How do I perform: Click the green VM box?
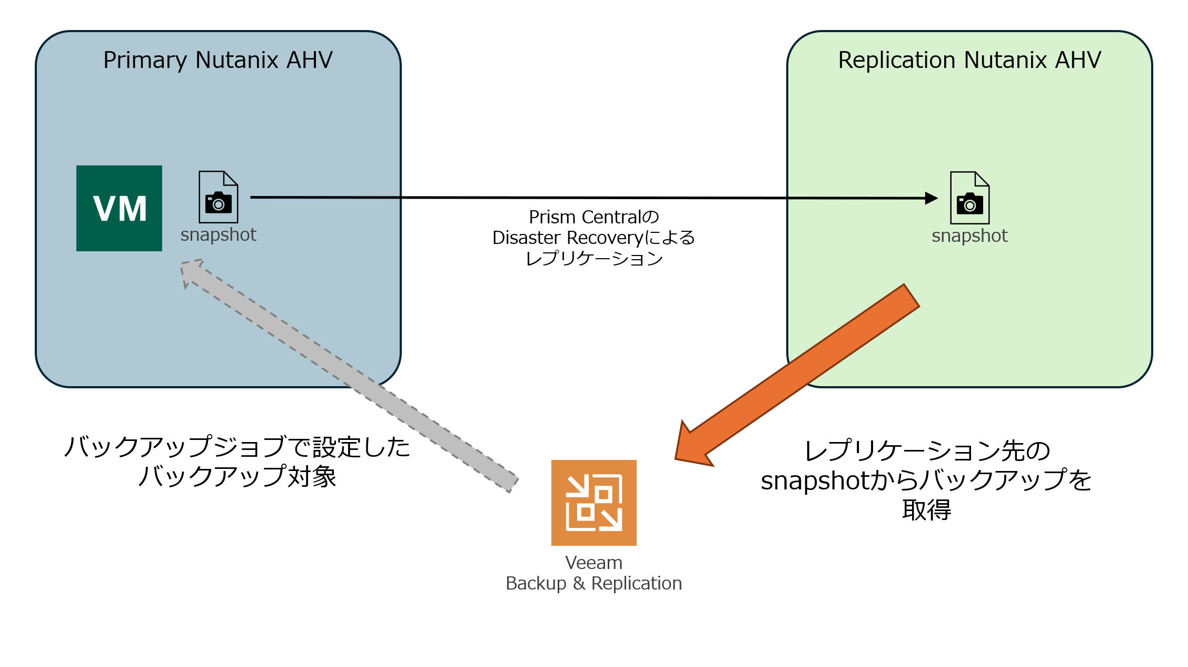[x=119, y=208]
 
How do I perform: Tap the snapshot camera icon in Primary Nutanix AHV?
[x=219, y=197]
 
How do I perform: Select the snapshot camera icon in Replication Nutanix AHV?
[x=970, y=198]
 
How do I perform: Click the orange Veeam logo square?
[x=594, y=503]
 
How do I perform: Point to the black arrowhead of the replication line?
[x=932, y=198]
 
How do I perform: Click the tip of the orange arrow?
[x=676, y=459]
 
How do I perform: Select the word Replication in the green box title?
[x=896, y=60]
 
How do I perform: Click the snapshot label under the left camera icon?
[x=219, y=234]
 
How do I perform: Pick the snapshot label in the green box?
[x=969, y=236]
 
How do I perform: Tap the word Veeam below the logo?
[x=594, y=563]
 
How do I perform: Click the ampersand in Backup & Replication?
[x=579, y=583]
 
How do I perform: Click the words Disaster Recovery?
[x=568, y=238]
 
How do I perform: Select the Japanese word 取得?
[x=926, y=509]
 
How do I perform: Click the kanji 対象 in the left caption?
[x=312, y=476]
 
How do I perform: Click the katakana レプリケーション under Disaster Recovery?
[x=594, y=258]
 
